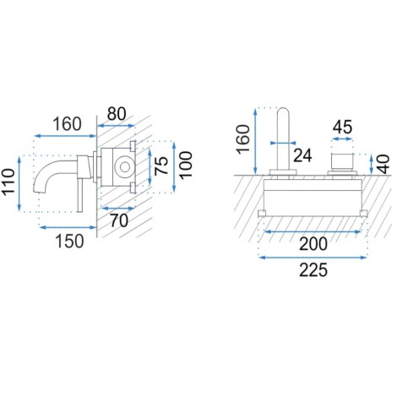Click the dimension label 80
pos(117,114)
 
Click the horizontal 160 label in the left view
pos(68,124)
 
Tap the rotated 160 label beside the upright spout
pos(243,139)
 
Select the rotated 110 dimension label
pos(8,181)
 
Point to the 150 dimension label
pos(69,242)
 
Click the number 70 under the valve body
pos(119,220)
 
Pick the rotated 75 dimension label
pos(161,166)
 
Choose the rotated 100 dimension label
pos(186,166)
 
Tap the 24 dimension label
pos(302,155)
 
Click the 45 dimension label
pos(342,127)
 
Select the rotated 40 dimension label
pos(383,165)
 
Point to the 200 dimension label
pos(313,244)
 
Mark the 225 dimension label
pos(313,270)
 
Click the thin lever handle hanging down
pos(80,195)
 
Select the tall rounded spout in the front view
pos(283,141)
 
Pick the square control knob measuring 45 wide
pos(342,160)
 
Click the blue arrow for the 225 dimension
pos(313,257)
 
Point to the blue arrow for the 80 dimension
pos(116,126)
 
